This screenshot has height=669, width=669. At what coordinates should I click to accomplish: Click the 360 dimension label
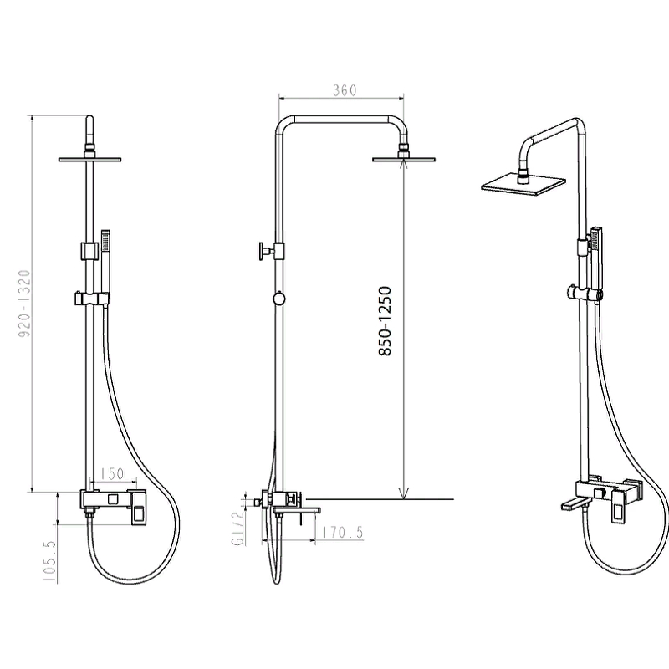coord(345,90)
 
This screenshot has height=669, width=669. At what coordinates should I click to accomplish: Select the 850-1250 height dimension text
coord(385,321)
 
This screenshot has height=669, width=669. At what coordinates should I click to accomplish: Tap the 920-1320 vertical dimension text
coord(25,303)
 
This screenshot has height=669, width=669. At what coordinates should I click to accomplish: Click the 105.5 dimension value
coord(49,561)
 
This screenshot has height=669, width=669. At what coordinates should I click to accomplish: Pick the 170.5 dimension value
coord(343,533)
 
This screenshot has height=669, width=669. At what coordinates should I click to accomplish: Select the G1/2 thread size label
coord(238,529)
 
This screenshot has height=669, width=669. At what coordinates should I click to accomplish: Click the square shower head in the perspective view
coord(523,184)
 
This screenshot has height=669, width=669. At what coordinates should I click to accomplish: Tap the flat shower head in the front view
coord(89,159)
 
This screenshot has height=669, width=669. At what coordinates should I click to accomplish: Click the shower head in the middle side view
coord(404,159)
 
